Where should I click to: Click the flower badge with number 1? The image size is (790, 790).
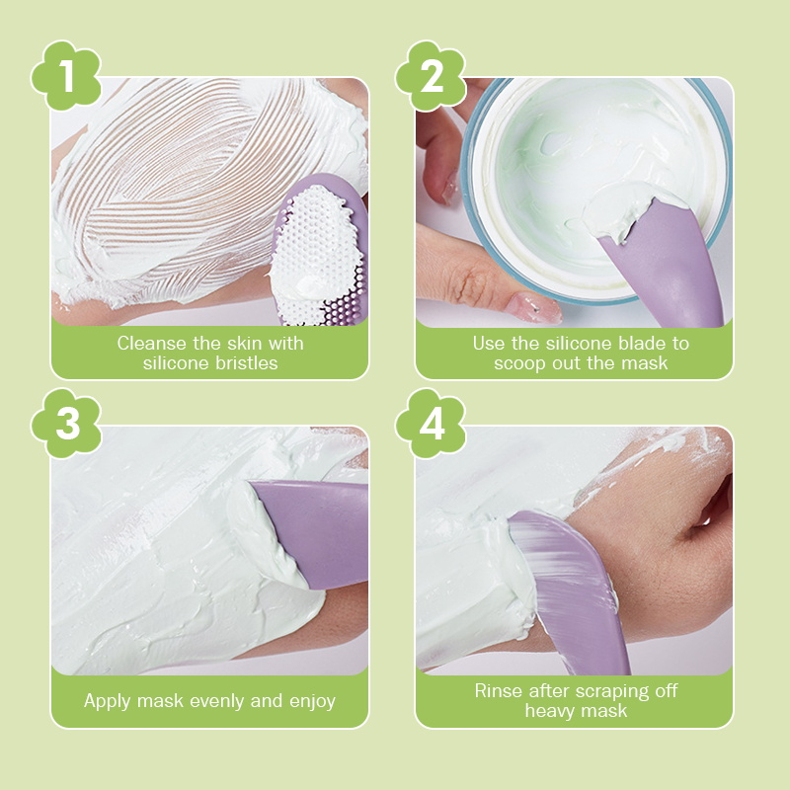pyautogui.click(x=66, y=76)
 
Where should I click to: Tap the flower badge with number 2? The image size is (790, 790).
pyautogui.click(x=431, y=76)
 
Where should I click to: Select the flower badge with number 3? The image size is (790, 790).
pyautogui.click(x=66, y=424)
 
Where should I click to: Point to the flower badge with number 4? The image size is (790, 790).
pyautogui.click(x=431, y=424)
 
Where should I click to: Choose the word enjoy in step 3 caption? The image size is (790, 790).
pyautogui.click(x=312, y=701)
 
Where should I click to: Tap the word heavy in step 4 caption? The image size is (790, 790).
pyautogui.click(x=548, y=711)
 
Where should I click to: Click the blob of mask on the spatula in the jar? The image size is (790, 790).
pyautogui.click(x=630, y=209)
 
